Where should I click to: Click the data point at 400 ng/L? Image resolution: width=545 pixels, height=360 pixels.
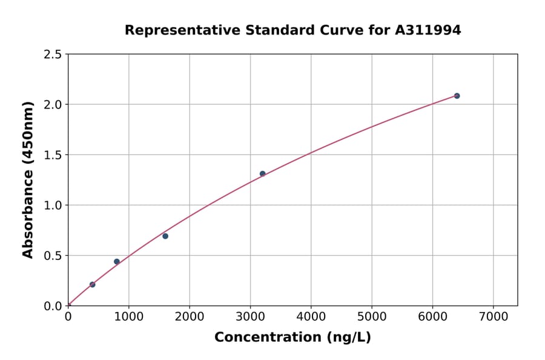point(92,284)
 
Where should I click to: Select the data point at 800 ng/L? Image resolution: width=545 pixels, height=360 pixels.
point(117,262)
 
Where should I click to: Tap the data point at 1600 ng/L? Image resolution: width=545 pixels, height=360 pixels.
point(165,236)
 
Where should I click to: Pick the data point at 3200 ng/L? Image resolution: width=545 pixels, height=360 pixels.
point(262,173)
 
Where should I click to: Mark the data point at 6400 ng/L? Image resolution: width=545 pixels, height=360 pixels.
point(457,96)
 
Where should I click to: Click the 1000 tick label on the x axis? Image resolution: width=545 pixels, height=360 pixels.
point(128,317)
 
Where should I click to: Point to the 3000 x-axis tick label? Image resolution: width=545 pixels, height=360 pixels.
point(250,317)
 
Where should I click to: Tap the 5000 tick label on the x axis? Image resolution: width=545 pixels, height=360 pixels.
point(372,317)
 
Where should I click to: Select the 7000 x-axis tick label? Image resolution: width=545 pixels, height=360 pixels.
point(493,317)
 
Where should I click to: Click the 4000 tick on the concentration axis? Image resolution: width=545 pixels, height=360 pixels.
point(311,317)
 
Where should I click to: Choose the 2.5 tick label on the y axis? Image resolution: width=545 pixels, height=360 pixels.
point(53,55)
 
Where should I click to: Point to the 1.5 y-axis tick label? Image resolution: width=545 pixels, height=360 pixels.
point(53,155)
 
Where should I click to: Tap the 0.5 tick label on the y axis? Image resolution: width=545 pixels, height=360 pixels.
point(53,256)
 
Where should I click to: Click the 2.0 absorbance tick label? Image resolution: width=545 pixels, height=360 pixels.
point(53,105)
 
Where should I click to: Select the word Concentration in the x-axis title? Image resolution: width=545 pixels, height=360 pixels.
point(267,337)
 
